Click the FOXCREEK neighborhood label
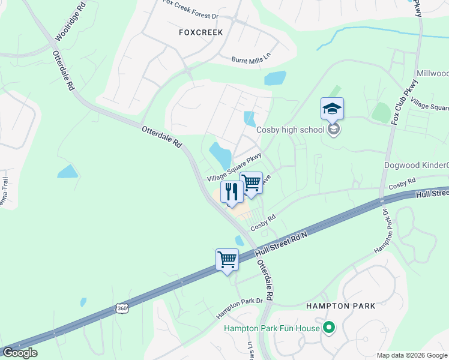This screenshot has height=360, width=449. pyautogui.click(x=200, y=32)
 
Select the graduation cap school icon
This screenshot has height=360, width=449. pyautogui.click(x=332, y=109)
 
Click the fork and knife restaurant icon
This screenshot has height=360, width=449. pyautogui.click(x=231, y=192)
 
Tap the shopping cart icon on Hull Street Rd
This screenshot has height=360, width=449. pyautogui.click(x=227, y=260)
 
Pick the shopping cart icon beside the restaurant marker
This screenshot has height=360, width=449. pyautogui.click(x=251, y=182)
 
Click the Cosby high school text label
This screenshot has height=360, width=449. pyautogui.click(x=291, y=130)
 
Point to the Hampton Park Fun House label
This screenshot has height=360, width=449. pyautogui.click(x=271, y=328)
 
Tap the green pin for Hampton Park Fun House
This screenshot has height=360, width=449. pyautogui.click(x=328, y=328)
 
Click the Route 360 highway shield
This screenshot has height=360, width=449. pyautogui.click(x=122, y=308)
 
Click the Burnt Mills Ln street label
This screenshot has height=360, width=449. pyautogui.click(x=252, y=59)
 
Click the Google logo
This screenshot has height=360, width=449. pyautogui.click(x=19, y=353)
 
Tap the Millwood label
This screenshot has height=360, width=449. pyautogui.click(x=433, y=72)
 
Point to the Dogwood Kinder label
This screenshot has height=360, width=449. pyautogui.click(x=416, y=165)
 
